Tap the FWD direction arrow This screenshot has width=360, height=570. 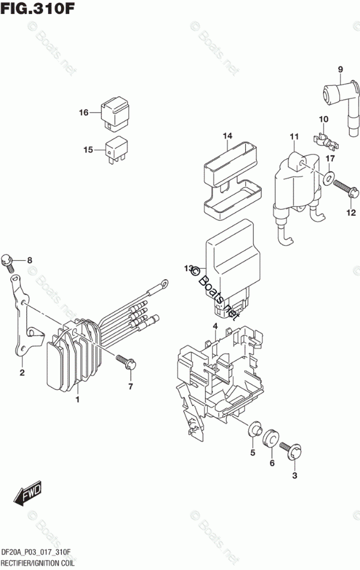tap(28, 495)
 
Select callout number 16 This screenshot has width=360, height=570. tap(84, 112)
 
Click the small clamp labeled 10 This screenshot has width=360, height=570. tap(324, 139)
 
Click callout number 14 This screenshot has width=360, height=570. tap(228, 136)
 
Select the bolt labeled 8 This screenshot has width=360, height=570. tap(8, 261)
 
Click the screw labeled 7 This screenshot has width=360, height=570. tap(125, 362)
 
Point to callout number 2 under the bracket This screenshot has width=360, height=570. tap(22, 373)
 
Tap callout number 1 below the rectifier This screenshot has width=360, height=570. tap(77, 399)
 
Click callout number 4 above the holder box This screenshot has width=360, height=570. tap(215, 327)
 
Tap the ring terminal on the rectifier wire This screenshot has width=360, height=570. tap(165, 283)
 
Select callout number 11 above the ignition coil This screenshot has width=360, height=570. tap(294, 136)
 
